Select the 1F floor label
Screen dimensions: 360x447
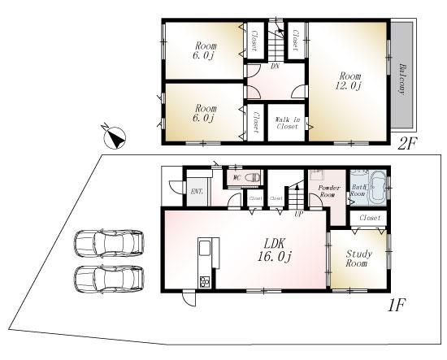pos(396,306)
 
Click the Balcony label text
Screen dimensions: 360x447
pos(401,79)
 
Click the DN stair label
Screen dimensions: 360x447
pos(276,67)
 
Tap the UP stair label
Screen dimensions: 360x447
pos(299,215)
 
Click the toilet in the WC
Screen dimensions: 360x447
pos(252,176)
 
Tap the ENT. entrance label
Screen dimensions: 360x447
pos(196,192)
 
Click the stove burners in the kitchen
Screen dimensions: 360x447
pos(204,282)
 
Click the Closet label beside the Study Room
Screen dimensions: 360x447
pos(370,218)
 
